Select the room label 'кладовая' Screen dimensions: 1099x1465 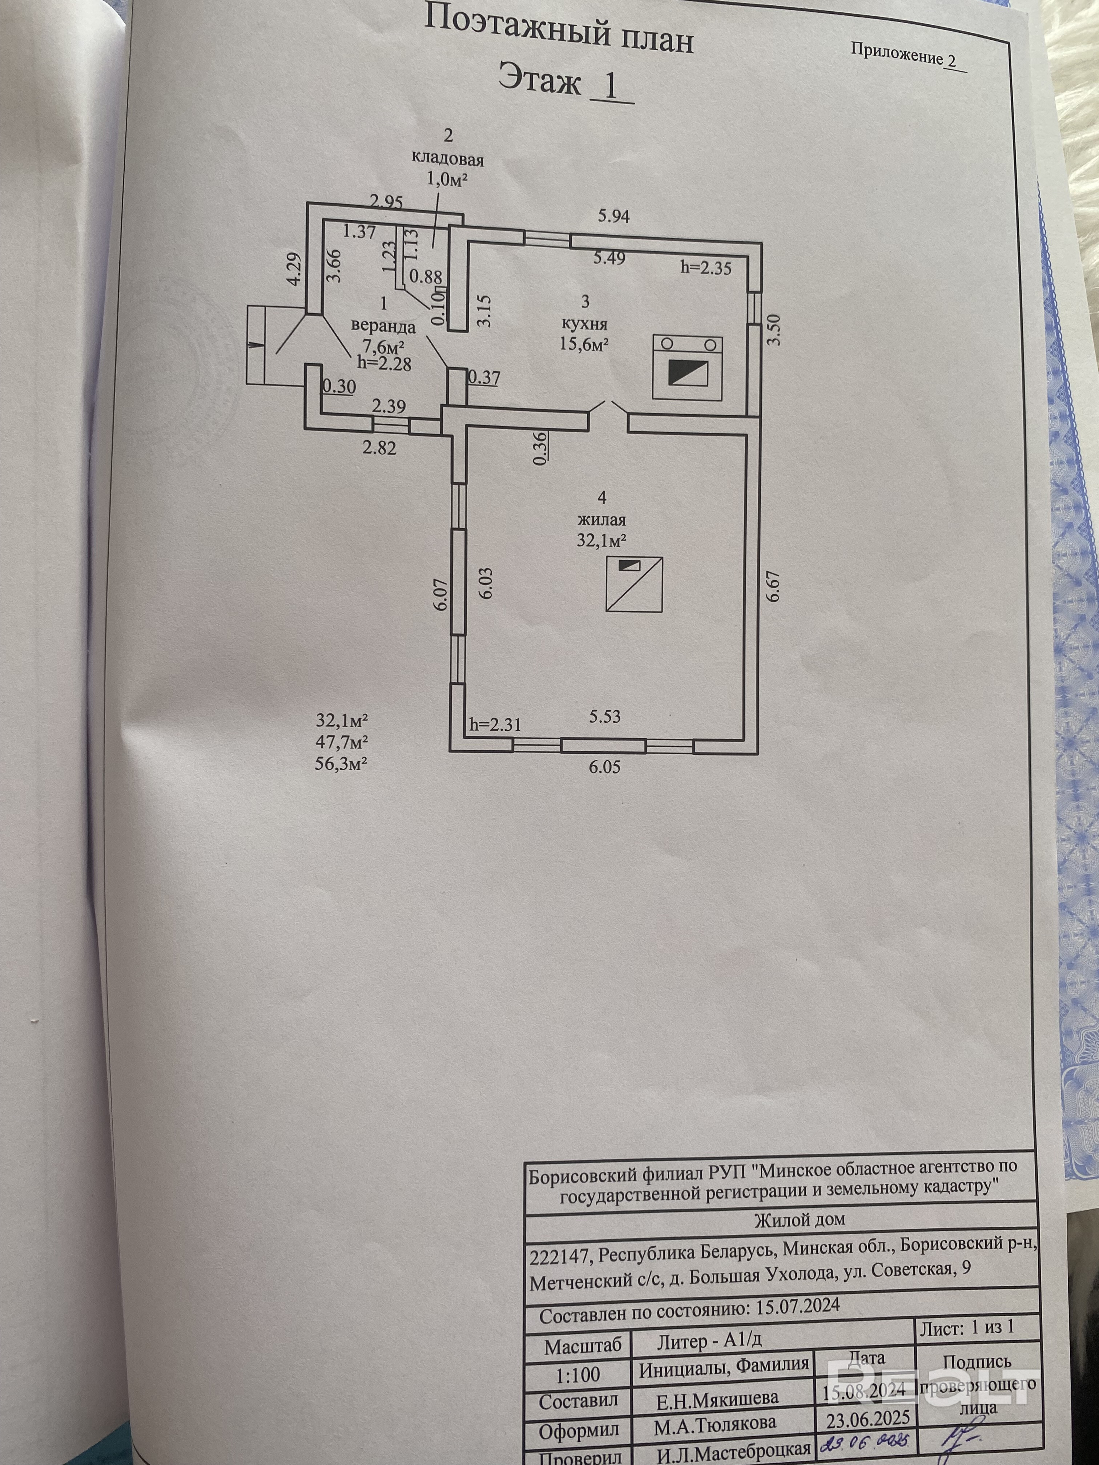(x=448, y=160)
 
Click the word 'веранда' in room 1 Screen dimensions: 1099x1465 (x=383, y=326)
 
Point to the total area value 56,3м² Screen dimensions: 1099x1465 (x=342, y=763)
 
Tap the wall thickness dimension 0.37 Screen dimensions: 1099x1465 (x=484, y=378)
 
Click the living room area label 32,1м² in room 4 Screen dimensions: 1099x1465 (x=601, y=540)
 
